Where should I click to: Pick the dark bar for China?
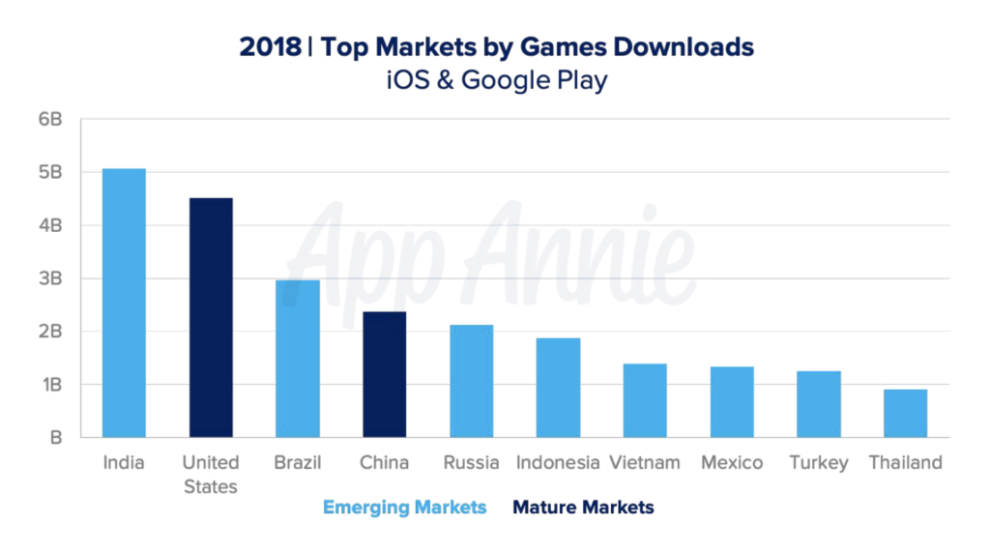pos(384,374)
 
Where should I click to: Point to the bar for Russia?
pos(471,381)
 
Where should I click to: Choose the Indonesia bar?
pos(558,388)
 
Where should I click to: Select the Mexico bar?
pos(732,402)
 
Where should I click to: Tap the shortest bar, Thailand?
pos(905,414)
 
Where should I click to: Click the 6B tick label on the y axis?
pos(50,120)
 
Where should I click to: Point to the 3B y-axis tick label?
pos(50,278)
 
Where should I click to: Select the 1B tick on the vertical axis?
pos(50,385)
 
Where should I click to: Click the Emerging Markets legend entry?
pos(404,507)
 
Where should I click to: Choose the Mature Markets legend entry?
pos(583,507)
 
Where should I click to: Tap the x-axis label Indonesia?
pos(558,462)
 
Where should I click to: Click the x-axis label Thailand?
pos(905,462)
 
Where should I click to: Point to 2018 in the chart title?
pos(270,46)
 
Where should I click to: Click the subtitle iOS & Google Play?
pos(495,79)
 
